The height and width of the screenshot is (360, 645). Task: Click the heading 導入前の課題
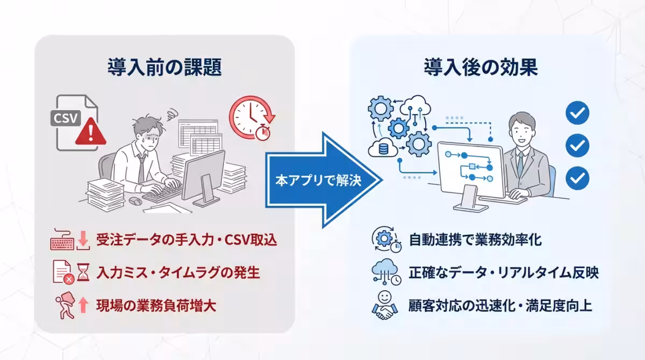coord(164,67)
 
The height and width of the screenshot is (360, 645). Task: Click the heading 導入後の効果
coord(481,67)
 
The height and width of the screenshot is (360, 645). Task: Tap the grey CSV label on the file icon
coord(66,118)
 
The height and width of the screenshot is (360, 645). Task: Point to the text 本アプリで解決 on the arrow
coord(318,181)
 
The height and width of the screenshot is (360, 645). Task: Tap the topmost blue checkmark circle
coord(577,113)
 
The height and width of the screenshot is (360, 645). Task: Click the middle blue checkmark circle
coord(577,145)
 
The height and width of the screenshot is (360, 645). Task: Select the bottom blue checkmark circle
coord(577,178)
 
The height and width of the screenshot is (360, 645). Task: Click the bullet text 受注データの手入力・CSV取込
coord(187,240)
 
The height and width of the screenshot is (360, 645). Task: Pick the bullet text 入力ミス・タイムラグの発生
coord(178,272)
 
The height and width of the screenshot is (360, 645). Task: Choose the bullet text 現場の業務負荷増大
coord(156,305)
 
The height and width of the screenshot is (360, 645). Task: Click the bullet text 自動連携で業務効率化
coord(475,240)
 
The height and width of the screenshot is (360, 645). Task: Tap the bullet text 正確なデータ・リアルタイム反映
coord(504,272)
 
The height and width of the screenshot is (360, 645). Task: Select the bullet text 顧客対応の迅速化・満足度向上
coord(500,305)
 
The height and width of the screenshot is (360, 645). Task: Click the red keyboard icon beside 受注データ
coord(62,240)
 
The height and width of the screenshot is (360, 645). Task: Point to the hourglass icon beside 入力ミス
coord(83,272)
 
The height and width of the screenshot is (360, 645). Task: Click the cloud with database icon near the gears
coord(383,148)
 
